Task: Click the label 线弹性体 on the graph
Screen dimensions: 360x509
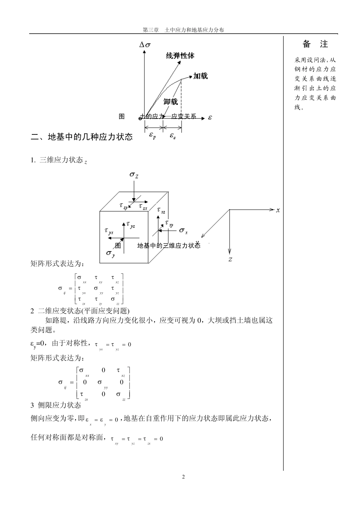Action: (180, 56)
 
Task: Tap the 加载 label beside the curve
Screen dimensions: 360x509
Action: (200, 76)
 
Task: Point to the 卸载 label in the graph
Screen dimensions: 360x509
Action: (171, 101)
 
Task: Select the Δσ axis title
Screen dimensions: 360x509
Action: (145, 45)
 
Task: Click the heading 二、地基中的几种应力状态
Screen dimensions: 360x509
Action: (81, 137)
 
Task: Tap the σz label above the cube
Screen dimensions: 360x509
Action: (134, 175)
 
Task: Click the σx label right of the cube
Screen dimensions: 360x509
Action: (183, 230)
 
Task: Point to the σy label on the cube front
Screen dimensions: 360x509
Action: (110, 253)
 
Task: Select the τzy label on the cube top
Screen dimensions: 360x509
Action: (124, 206)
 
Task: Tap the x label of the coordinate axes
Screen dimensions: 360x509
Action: (278, 210)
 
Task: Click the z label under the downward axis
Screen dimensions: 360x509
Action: (230, 259)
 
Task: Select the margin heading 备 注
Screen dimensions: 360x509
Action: (315, 44)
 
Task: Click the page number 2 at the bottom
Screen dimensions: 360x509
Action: (183, 476)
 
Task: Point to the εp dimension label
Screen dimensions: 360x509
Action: (152, 136)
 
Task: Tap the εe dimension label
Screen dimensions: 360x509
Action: (172, 136)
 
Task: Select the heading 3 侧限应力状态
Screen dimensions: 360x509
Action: (56, 405)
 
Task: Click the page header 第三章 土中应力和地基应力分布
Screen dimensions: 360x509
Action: (183, 30)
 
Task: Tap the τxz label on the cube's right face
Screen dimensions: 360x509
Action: (161, 211)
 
